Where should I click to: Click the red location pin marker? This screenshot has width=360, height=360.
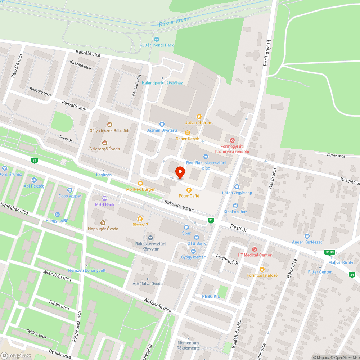pyautogui.click(x=180, y=172)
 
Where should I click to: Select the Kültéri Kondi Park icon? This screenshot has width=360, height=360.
pyautogui.click(x=156, y=39)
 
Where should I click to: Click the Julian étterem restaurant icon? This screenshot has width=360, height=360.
pyautogui.click(x=199, y=116)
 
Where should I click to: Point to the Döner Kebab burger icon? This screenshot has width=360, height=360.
pyautogui.click(x=187, y=133)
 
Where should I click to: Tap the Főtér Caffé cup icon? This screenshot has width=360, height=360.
pyautogui.click(x=189, y=190)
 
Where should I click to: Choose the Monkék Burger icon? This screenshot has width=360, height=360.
pyautogui.click(x=140, y=183)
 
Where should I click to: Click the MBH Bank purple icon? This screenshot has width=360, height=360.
pyautogui.click(x=105, y=198)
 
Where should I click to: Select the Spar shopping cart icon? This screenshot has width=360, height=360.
pyautogui.click(x=186, y=227)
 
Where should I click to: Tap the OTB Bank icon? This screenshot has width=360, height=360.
pyautogui.click(x=196, y=237)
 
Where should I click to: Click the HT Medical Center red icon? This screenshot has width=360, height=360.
pyautogui.click(x=255, y=249)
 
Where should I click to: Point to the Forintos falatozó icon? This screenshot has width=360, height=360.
pyautogui.click(x=262, y=269)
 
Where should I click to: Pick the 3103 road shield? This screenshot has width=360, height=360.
pyautogui.click(x=329, y=252)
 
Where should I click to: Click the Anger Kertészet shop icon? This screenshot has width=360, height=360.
pyautogui.click(x=307, y=236)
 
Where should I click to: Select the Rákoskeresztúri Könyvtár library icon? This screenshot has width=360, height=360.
pyautogui.click(x=150, y=238)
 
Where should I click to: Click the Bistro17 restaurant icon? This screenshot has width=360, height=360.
pyautogui.click(x=140, y=219)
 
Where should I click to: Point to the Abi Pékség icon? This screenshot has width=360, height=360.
pyautogui.click(x=34, y=180)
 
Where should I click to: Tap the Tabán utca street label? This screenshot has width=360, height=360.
pyautogui.click(x=59, y=307)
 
